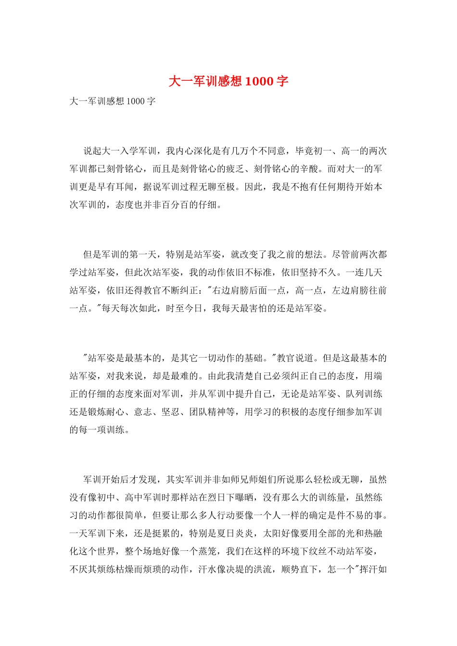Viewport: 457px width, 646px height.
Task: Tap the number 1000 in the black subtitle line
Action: [x=135, y=101]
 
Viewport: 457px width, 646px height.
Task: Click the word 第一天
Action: [x=143, y=254]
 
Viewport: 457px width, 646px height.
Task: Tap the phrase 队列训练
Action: [x=364, y=394]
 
